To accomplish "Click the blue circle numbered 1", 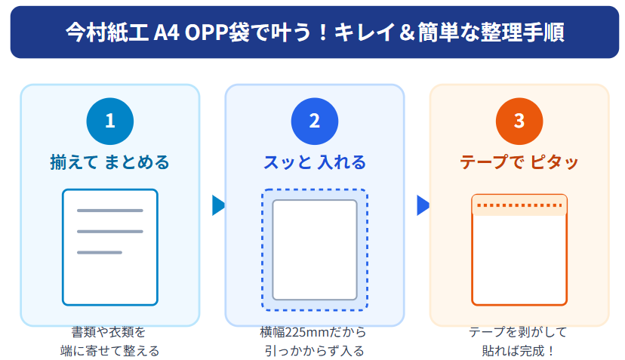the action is click(x=110, y=122).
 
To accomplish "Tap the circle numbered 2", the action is click(x=315, y=122).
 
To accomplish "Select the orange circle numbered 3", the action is click(x=519, y=122).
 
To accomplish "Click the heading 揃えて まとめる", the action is click(x=110, y=162).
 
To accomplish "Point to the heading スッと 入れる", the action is click(x=315, y=162).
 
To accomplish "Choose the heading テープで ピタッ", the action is click(x=519, y=162).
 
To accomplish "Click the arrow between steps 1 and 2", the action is click(x=218, y=205).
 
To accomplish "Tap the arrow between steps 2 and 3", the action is click(x=423, y=205).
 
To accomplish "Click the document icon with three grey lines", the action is click(x=110, y=248).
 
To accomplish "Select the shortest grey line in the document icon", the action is click(x=99, y=252).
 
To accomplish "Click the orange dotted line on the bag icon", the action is click(x=519, y=206).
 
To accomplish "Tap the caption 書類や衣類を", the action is click(x=109, y=331).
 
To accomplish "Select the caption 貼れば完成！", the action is click(x=519, y=351).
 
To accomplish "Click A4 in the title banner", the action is click(x=166, y=32).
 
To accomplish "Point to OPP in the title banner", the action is click(x=206, y=32).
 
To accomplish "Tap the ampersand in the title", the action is click(x=407, y=32).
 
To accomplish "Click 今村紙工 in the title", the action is click(x=107, y=32).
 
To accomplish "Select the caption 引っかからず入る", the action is click(x=315, y=351).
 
